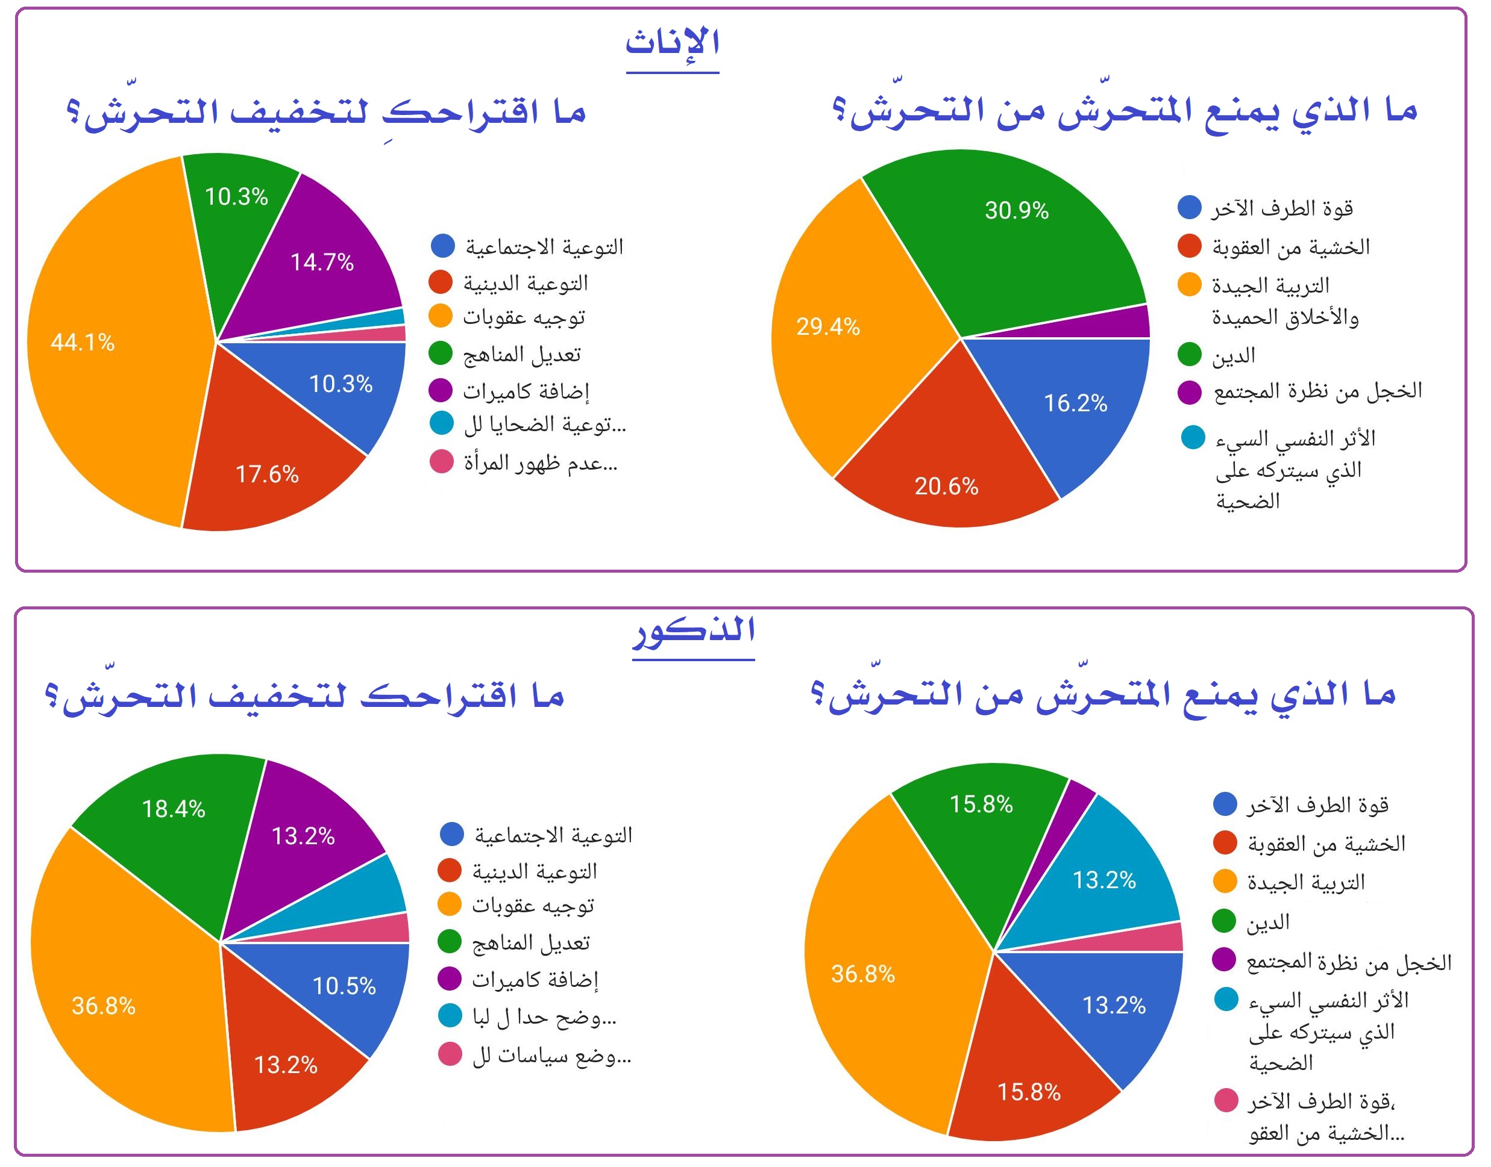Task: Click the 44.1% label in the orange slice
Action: (83, 342)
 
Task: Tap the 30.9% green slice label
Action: (1016, 210)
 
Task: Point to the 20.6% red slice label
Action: (946, 487)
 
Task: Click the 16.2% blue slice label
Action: (1075, 403)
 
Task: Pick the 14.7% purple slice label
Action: (322, 263)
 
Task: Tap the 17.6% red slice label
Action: (266, 474)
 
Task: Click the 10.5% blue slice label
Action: (344, 986)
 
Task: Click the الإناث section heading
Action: (673, 43)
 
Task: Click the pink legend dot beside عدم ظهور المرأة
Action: (442, 462)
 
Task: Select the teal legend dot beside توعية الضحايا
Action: (442, 423)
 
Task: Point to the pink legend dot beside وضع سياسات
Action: (450, 1054)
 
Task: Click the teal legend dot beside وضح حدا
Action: (450, 1015)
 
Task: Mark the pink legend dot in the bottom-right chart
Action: (1226, 1101)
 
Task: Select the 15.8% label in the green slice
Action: (981, 804)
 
